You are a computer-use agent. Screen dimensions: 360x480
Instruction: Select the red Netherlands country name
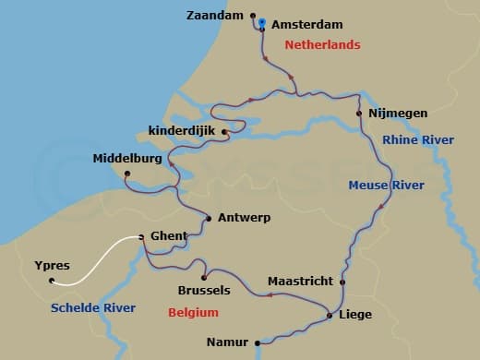coord(322,44)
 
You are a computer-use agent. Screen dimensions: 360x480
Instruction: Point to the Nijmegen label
coord(398,114)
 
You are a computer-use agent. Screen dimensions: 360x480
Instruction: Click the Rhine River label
coord(418,139)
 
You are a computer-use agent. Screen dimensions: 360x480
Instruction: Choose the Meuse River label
coord(386,186)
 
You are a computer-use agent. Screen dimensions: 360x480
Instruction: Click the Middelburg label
coord(127,159)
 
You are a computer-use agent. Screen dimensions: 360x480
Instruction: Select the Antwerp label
coord(244,219)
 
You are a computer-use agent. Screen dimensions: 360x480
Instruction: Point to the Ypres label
coord(52,265)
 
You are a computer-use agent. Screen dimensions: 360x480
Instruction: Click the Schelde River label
coord(94,307)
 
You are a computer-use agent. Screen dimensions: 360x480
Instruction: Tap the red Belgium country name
coord(193,313)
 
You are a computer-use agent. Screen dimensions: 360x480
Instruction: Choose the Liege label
coord(355,315)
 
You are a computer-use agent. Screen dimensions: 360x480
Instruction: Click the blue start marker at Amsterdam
coord(262,23)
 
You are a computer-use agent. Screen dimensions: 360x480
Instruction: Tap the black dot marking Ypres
coord(53,281)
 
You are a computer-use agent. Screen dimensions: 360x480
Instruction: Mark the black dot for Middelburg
coord(128,174)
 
